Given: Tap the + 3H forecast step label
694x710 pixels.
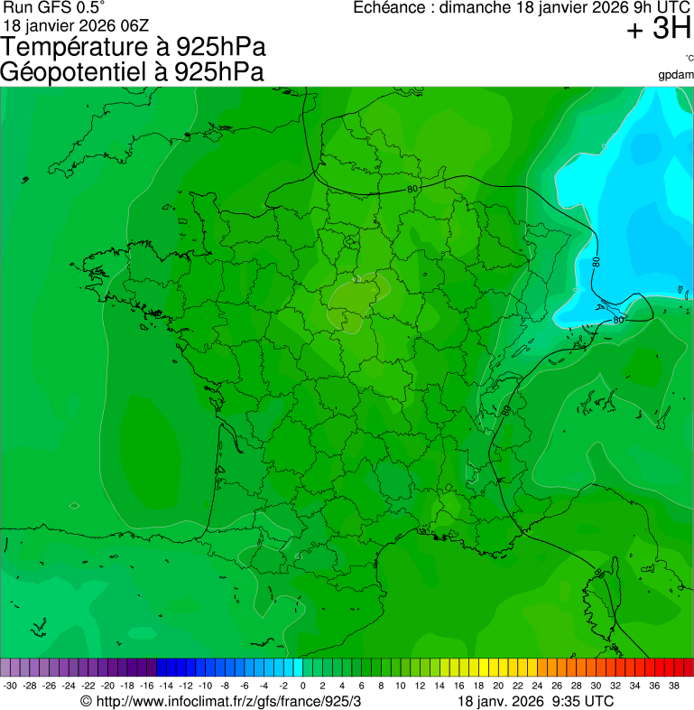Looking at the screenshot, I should point(658,30).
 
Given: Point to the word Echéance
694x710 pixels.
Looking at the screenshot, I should point(387,8).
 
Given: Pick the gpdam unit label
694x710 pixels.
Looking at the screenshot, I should point(676,74).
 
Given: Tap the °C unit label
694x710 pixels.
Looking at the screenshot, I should point(688,59).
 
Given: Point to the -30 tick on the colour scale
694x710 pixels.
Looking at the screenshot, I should point(10,686).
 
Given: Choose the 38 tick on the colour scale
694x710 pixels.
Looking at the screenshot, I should point(675,686).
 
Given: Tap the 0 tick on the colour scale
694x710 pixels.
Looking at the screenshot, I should point(302,686).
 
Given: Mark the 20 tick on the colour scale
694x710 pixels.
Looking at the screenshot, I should point(498,686).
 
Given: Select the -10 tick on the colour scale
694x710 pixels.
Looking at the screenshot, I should point(205,686).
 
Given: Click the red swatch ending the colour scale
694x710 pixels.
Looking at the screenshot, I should point(688,668).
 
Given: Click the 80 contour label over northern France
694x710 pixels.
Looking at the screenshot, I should point(412,189).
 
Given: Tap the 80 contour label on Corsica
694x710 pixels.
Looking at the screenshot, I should point(601,572).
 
